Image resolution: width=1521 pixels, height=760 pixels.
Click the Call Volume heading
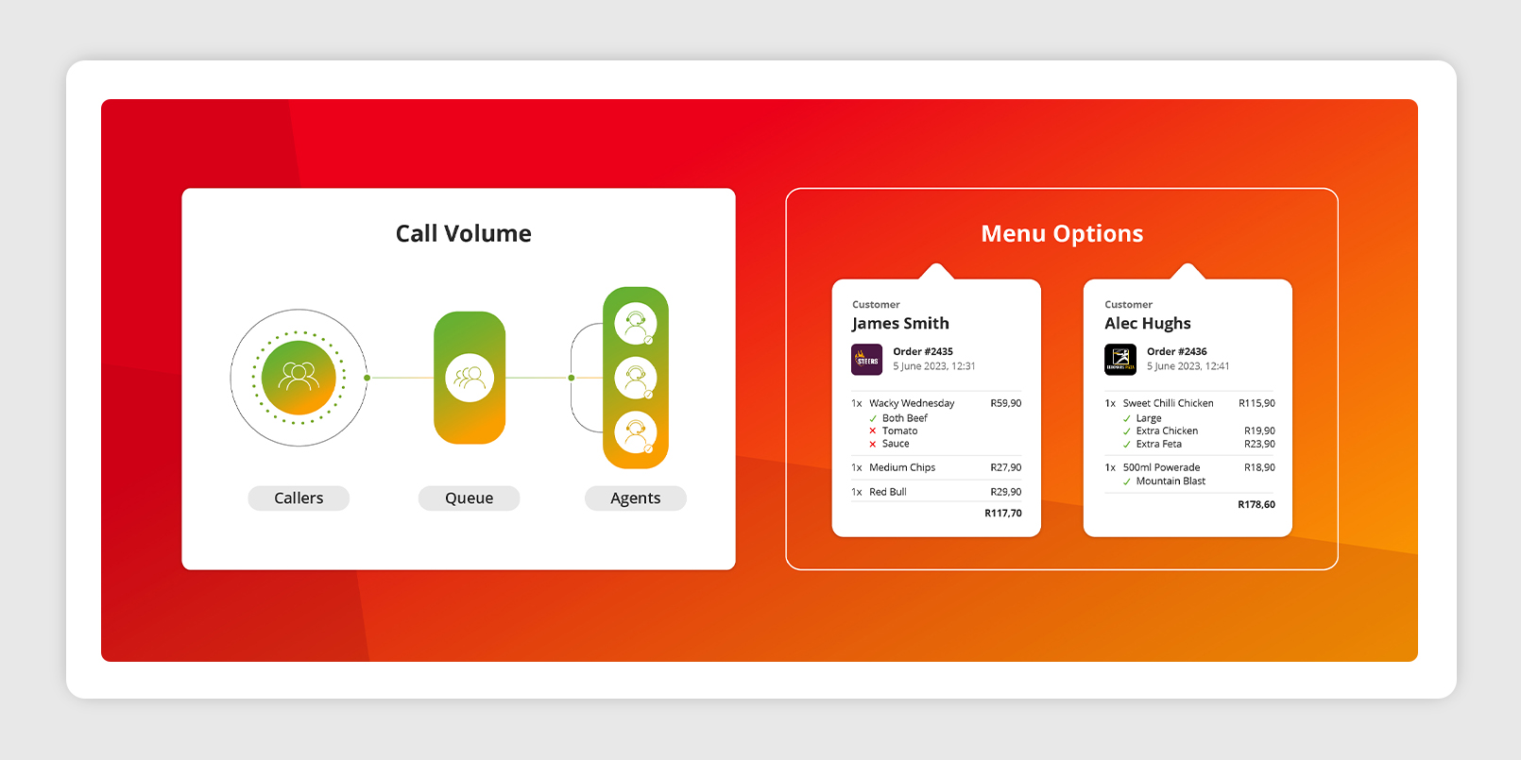click(x=463, y=233)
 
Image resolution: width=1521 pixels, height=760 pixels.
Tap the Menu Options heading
click(x=1062, y=233)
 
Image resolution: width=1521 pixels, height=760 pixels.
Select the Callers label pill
click(x=299, y=498)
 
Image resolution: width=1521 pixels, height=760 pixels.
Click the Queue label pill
click(x=470, y=498)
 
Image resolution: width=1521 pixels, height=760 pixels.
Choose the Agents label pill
click(x=636, y=498)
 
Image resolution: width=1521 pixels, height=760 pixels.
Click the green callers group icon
click(x=299, y=378)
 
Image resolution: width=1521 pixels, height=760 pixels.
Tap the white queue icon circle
click(x=470, y=378)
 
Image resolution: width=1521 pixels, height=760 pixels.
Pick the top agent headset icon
click(x=636, y=323)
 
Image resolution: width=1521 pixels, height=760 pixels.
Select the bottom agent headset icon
click(x=636, y=432)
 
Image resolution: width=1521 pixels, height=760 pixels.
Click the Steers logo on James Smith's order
click(x=867, y=360)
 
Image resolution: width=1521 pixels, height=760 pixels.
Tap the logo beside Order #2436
click(x=1120, y=360)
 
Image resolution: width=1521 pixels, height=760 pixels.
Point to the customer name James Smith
click(x=900, y=323)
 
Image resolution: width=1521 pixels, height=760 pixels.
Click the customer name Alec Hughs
click(x=1148, y=323)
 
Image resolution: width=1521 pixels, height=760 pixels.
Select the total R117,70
click(x=1003, y=513)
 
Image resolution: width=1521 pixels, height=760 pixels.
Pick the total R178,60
click(x=1256, y=504)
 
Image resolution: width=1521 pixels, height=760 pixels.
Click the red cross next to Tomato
click(x=873, y=431)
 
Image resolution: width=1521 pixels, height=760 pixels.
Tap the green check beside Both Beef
click(x=873, y=418)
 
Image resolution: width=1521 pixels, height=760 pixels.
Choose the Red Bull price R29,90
click(x=1005, y=492)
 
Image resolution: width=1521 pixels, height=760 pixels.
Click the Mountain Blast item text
click(x=1171, y=481)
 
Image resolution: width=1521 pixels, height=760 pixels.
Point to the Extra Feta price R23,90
click(x=1259, y=445)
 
